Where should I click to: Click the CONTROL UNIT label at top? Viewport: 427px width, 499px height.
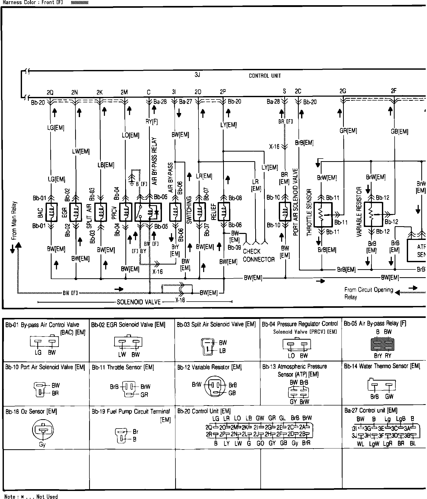tap(265, 76)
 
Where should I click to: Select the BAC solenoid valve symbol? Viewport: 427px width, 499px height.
tap(51, 212)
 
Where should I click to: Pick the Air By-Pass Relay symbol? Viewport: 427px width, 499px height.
tap(148, 212)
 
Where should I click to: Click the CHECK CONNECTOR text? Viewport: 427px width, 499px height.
tap(258, 255)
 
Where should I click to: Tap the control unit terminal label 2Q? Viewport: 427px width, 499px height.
tap(50, 92)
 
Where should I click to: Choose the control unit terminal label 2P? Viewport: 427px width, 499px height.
tap(223, 92)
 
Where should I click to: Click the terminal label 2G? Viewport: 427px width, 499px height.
tap(343, 91)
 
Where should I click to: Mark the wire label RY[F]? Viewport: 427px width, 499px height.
tap(152, 121)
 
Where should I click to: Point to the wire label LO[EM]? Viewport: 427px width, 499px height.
tap(130, 135)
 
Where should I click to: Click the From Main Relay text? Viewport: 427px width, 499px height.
tap(14, 220)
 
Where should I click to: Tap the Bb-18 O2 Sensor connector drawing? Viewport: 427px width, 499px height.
tap(42, 430)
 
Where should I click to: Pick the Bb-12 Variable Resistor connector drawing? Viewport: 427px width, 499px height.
tap(215, 389)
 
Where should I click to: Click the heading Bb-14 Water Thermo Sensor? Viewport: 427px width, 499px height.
tap(382, 366)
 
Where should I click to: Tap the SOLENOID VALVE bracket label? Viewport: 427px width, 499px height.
tap(139, 302)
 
